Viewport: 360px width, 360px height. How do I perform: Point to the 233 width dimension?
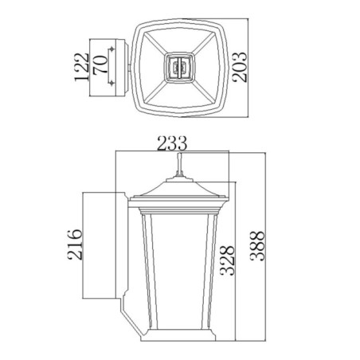(x=172, y=143)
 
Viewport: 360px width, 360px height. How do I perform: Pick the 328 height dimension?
(x=228, y=260)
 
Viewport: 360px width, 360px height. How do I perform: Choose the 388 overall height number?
(x=256, y=249)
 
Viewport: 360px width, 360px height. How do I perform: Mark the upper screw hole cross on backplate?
(x=112, y=50)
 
